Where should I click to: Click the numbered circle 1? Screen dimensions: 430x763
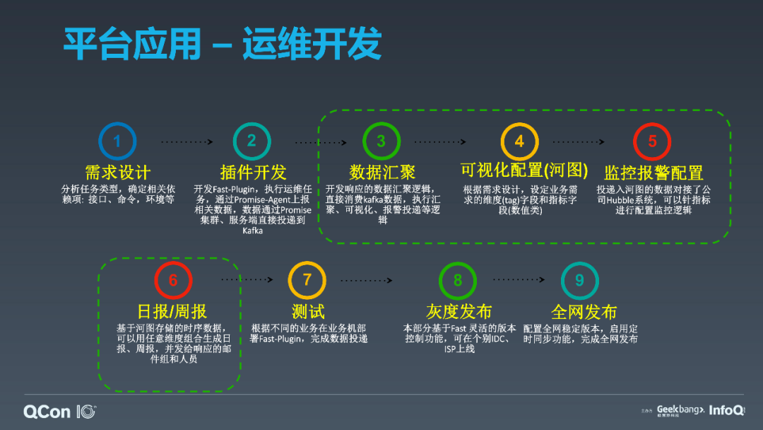point(117,141)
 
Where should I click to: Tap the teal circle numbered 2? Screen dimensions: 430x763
point(252,141)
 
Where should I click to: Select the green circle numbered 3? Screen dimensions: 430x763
point(381,141)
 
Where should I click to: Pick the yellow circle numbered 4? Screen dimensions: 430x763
point(519,141)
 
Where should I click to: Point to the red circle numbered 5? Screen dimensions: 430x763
point(652,141)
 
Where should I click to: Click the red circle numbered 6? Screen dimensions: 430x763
point(173,280)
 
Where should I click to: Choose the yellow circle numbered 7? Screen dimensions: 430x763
point(307,280)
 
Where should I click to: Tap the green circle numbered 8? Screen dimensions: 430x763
point(458,280)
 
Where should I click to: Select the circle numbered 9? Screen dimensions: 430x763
point(579,280)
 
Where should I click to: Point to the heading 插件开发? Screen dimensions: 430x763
point(253,172)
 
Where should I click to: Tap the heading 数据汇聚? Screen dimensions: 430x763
point(382,172)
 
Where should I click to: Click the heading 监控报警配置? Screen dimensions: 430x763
point(653,173)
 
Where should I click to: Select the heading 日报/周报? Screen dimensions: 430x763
point(172,312)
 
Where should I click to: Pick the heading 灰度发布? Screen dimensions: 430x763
point(459,312)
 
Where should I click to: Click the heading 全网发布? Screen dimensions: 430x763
point(584,312)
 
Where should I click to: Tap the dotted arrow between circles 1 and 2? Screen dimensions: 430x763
point(185,142)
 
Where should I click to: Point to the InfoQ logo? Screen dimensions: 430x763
point(726,409)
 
